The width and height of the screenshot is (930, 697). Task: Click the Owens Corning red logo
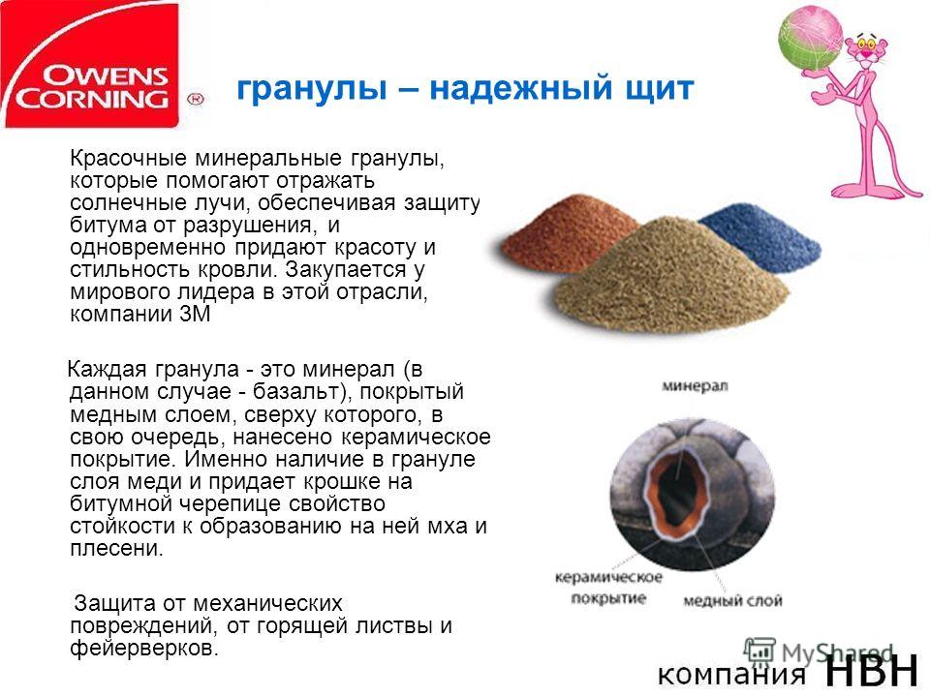[90, 65]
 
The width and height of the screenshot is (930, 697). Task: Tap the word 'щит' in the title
[658, 89]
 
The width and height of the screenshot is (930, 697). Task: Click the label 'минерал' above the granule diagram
[695, 386]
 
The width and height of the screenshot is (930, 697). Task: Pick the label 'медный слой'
[732, 601]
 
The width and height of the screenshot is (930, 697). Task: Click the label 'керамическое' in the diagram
[608, 577]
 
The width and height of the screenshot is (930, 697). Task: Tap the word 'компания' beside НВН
[731, 675]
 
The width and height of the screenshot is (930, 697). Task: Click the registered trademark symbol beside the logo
[195, 99]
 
